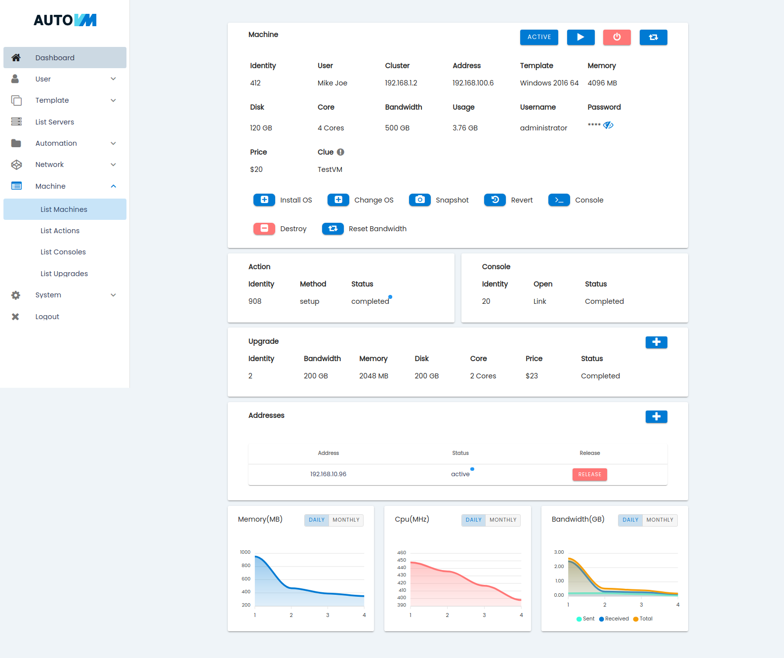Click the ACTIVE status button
(539, 37)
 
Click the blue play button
(580, 37)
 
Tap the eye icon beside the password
(608, 125)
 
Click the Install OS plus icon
(264, 200)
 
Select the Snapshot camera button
(420, 200)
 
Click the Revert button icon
(495, 200)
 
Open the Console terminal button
(559, 200)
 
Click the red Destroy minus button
(264, 229)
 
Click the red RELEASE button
(589, 474)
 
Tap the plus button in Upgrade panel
(657, 342)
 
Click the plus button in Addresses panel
(657, 416)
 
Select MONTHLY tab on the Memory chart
(346, 520)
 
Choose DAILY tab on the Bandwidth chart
(630, 520)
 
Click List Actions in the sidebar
(60, 231)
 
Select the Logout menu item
(47, 317)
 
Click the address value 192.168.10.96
(328, 474)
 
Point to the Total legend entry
(643, 618)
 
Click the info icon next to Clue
(340, 152)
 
